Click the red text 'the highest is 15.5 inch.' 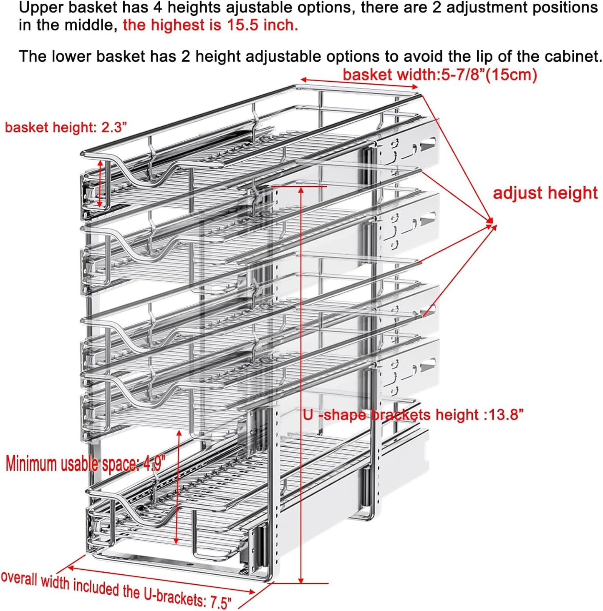210,25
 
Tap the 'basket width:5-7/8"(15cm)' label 439,75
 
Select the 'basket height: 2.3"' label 66,127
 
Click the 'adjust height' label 545,193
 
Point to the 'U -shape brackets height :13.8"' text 413,415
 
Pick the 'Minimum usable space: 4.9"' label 85,463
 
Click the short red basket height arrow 100,183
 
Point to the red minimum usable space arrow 177,488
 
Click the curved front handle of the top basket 138,171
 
